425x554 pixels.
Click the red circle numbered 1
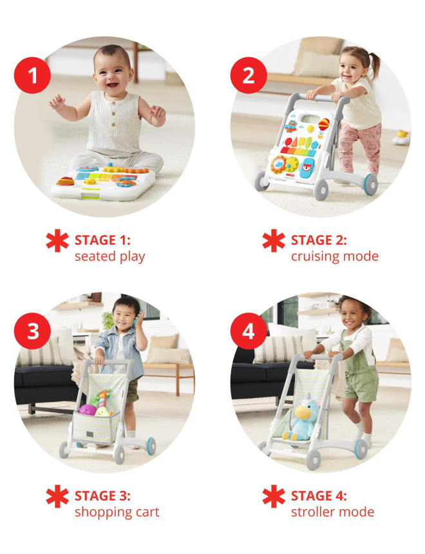[32, 75]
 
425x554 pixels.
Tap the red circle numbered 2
[249, 75]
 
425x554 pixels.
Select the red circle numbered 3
[32, 331]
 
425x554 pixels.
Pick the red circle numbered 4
[249, 331]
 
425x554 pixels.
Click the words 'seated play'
[110, 256]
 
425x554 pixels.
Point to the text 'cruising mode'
[335, 256]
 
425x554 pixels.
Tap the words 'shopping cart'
[117, 512]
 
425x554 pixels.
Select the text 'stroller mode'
[332, 512]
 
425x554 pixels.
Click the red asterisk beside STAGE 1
[57, 241]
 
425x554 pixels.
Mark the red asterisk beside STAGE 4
[274, 497]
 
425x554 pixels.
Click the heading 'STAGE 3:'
[102, 496]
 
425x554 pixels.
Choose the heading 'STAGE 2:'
[319, 240]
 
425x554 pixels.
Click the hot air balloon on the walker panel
[324, 125]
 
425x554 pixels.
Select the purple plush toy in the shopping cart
[88, 410]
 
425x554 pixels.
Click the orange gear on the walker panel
[279, 164]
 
